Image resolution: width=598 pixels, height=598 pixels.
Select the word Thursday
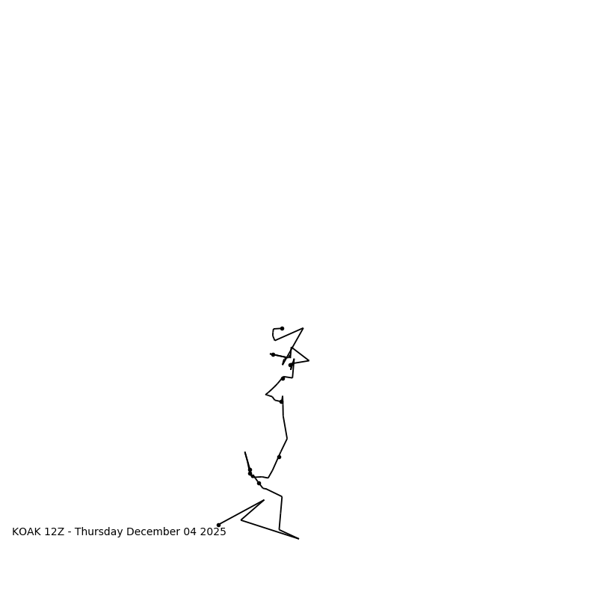click(x=99, y=532)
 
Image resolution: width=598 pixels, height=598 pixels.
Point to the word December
click(x=153, y=532)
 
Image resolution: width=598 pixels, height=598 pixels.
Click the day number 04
click(x=190, y=532)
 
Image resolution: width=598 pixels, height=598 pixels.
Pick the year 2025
click(x=212, y=532)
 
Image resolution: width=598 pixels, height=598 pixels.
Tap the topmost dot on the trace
click(x=282, y=328)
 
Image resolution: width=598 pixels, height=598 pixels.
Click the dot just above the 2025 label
click(x=218, y=525)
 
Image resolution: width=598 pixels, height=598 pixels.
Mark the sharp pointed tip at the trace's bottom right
click(x=298, y=538)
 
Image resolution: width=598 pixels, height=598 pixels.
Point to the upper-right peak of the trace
click(x=303, y=328)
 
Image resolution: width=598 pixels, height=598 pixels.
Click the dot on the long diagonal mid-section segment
click(x=279, y=457)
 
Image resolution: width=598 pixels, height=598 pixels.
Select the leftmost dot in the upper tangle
click(x=273, y=354)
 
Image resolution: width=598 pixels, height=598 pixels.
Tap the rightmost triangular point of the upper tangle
click(x=309, y=360)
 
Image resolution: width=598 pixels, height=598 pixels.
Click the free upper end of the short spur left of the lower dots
click(x=245, y=452)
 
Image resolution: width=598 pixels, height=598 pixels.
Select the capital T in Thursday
click(x=78, y=532)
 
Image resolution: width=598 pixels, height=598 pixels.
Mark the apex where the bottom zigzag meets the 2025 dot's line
click(x=264, y=500)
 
